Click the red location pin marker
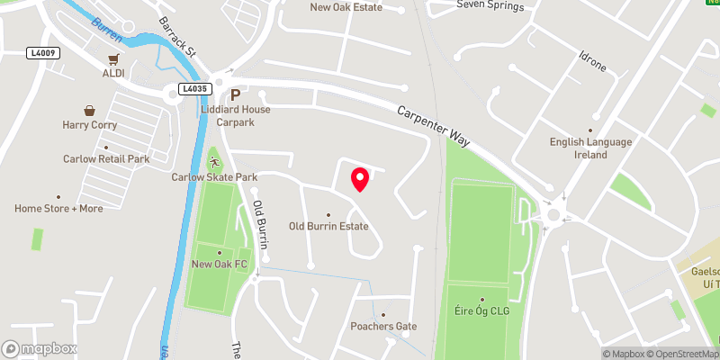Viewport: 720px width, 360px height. coord(359,178)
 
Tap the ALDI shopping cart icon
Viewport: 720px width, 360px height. coord(113,59)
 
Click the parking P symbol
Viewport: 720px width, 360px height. coord(235,94)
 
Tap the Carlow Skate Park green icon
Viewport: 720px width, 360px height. coord(215,162)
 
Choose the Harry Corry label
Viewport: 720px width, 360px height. coord(89,125)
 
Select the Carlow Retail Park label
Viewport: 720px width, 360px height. coord(105,159)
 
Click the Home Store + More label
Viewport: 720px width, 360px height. coord(58,209)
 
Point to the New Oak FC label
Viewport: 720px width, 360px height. coord(219,265)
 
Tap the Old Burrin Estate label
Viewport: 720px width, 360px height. coord(328,227)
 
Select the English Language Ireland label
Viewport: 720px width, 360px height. coord(591,148)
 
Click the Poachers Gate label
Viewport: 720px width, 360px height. coord(384,326)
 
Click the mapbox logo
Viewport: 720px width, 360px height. coord(39,348)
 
